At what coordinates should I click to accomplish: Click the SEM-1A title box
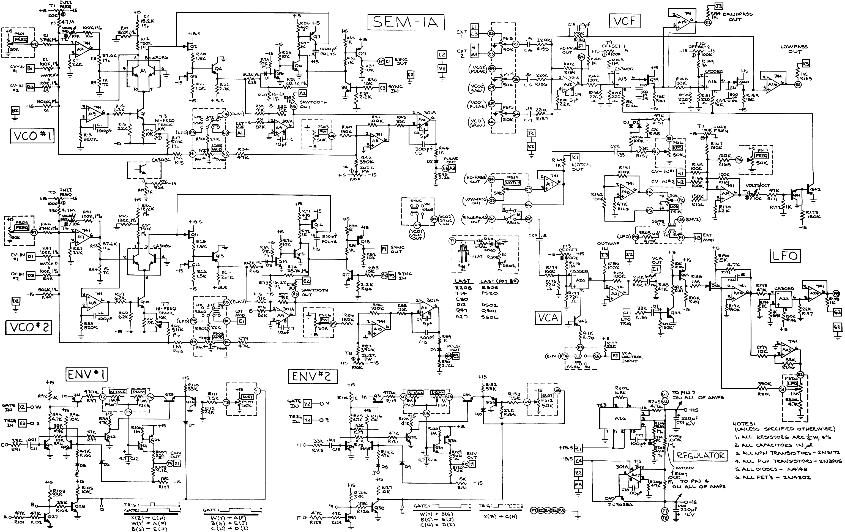click(x=405, y=22)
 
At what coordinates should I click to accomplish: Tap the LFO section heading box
click(x=785, y=256)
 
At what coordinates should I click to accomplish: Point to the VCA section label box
click(x=548, y=318)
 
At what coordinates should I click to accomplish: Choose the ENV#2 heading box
click(x=312, y=377)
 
